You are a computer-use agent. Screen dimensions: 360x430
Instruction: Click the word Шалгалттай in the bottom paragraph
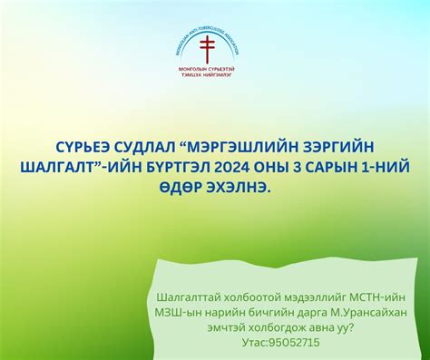pos(190,297)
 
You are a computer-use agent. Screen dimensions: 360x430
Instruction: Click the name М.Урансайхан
pos(361,312)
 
